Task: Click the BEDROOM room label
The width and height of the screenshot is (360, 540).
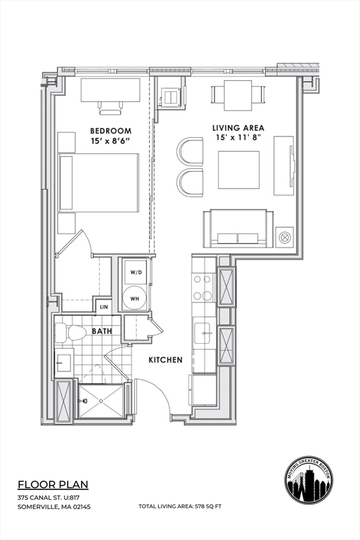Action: pos(110,131)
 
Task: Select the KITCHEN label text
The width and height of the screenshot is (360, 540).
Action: pos(165,360)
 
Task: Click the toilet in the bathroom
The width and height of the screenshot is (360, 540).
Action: pos(70,333)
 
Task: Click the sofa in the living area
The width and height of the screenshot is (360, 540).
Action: pos(236,229)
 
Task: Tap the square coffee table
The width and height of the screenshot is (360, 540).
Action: pos(238,169)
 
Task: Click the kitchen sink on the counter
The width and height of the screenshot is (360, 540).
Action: pos(203,331)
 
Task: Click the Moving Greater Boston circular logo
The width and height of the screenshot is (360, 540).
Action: pos(309,479)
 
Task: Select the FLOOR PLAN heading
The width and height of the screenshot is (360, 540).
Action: pos(53,484)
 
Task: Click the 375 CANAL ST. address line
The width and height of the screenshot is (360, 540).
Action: pos(49,498)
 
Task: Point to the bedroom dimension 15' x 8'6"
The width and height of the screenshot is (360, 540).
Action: pos(110,141)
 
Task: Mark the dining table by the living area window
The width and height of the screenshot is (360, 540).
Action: pos(238,93)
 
